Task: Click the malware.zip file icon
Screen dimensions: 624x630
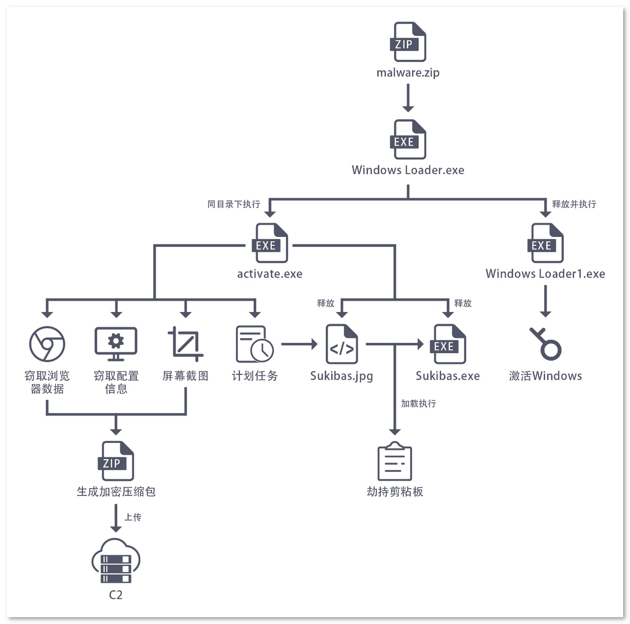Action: point(408,42)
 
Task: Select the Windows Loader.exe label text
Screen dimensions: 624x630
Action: point(408,170)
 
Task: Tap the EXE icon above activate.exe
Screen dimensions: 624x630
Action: point(270,243)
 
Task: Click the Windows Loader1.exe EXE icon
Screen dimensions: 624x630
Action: point(545,243)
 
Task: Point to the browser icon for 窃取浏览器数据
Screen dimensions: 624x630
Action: point(47,344)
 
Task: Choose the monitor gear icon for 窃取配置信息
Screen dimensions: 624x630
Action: point(116,344)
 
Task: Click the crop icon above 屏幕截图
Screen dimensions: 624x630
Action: point(185,344)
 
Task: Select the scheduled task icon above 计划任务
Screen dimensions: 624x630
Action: point(254,344)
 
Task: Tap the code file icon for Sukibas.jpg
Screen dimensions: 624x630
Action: point(342,344)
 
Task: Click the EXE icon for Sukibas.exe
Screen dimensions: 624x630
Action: point(447,344)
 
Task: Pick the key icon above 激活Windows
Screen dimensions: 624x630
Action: point(545,344)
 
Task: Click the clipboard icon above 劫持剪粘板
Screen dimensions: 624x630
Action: point(394,462)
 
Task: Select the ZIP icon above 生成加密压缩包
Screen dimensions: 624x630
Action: point(116,461)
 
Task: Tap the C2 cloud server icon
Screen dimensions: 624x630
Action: point(116,562)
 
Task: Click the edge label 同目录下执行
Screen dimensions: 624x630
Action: point(234,204)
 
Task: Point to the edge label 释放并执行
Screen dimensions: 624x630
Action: point(574,204)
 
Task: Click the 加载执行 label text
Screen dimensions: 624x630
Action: point(418,404)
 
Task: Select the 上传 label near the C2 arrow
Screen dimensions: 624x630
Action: point(132,518)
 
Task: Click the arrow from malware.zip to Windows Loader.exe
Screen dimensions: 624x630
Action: point(408,98)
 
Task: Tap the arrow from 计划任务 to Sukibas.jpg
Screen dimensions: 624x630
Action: point(299,344)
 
